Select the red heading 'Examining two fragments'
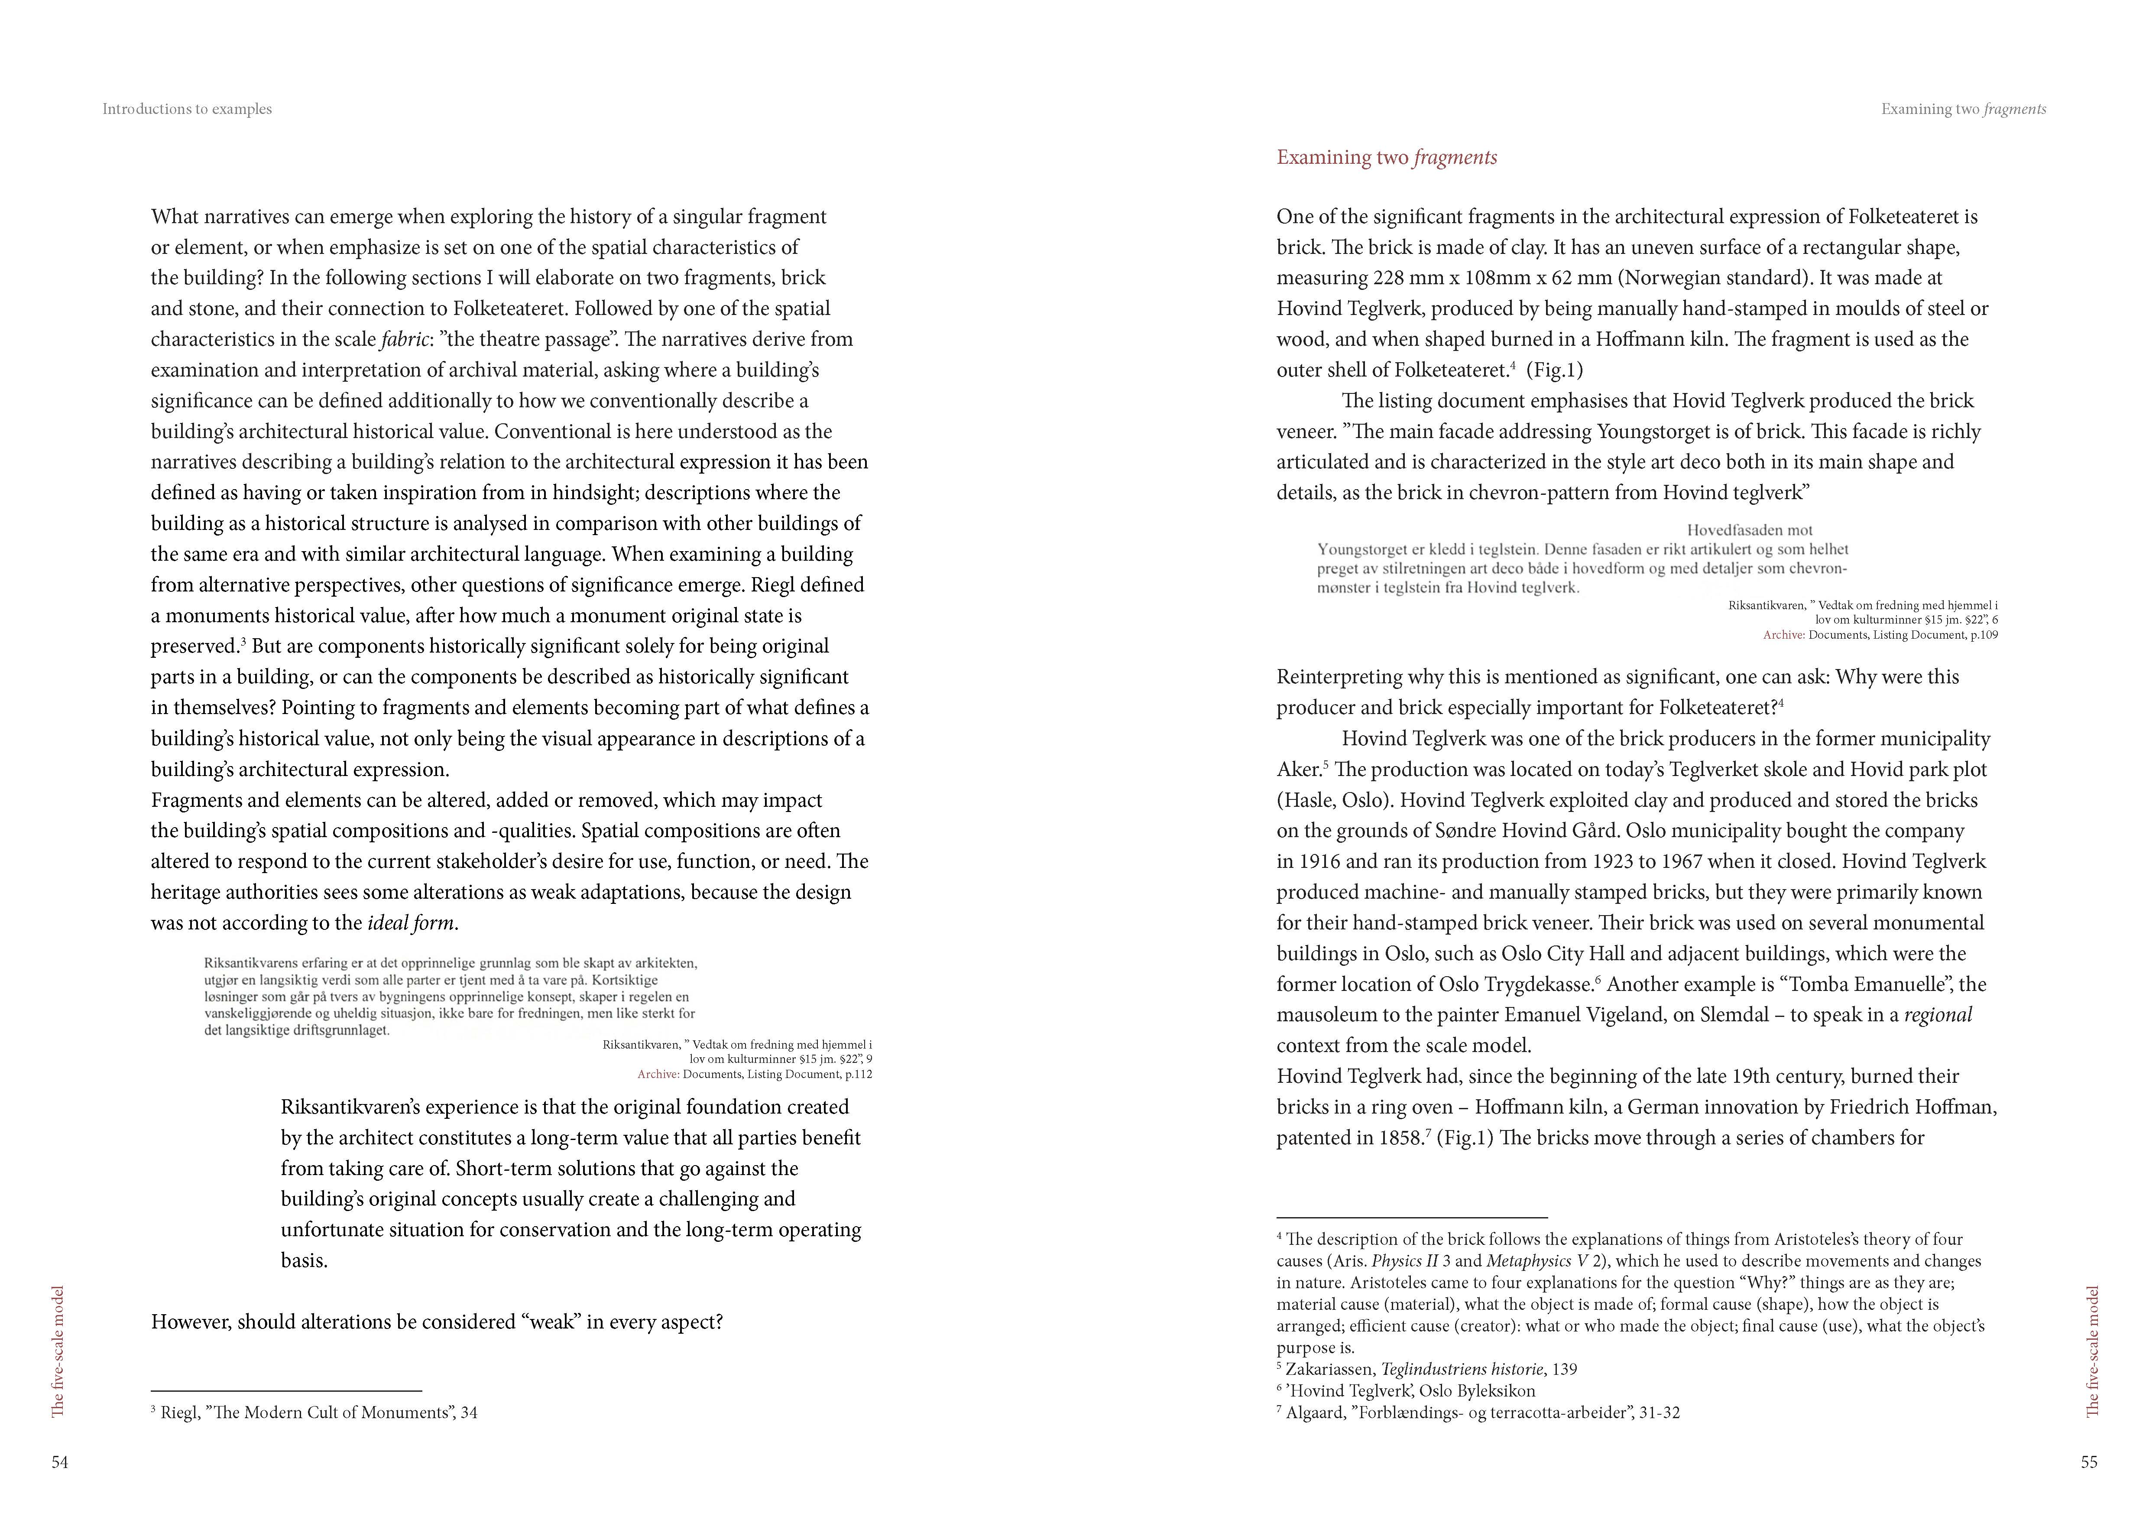point(1386,157)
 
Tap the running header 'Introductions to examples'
point(187,109)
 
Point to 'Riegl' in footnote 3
point(180,1413)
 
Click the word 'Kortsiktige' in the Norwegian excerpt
point(624,980)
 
